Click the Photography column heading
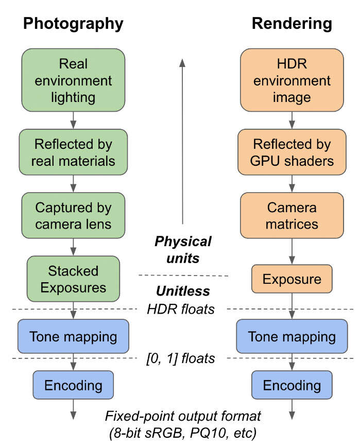(73, 23)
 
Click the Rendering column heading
(292, 23)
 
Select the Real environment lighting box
(73, 80)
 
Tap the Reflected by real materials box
(73, 152)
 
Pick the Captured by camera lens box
(73, 216)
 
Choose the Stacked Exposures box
(73, 279)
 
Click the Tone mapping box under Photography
(73, 336)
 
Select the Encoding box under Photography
(73, 385)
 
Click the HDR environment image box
(292, 80)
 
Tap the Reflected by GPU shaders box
(292, 152)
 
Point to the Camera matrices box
(292, 216)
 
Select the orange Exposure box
(292, 279)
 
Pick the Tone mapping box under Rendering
(292, 336)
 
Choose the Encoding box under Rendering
(292, 385)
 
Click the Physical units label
(184, 249)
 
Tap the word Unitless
(184, 291)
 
